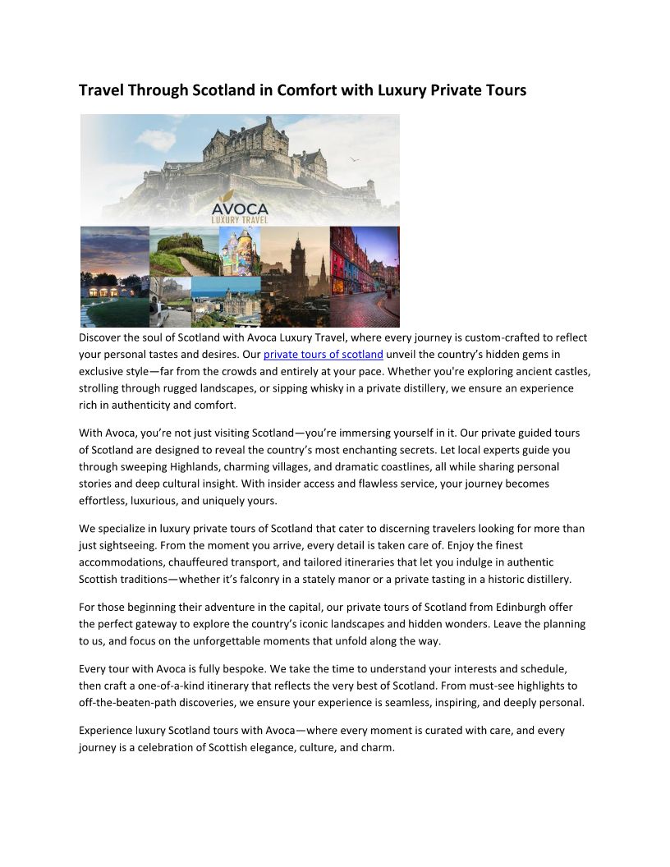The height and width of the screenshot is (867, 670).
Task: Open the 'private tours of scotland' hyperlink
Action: click(x=323, y=355)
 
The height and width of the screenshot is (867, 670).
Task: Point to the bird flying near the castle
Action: click(x=355, y=159)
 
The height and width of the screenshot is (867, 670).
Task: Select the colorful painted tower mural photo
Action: click(x=240, y=250)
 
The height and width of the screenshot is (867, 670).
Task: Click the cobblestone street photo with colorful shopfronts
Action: click(x=365, y=277)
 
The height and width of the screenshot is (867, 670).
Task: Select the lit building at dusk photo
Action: click(x=114, y=278)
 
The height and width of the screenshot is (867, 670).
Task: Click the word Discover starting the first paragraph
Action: click(x=103, y=337)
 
